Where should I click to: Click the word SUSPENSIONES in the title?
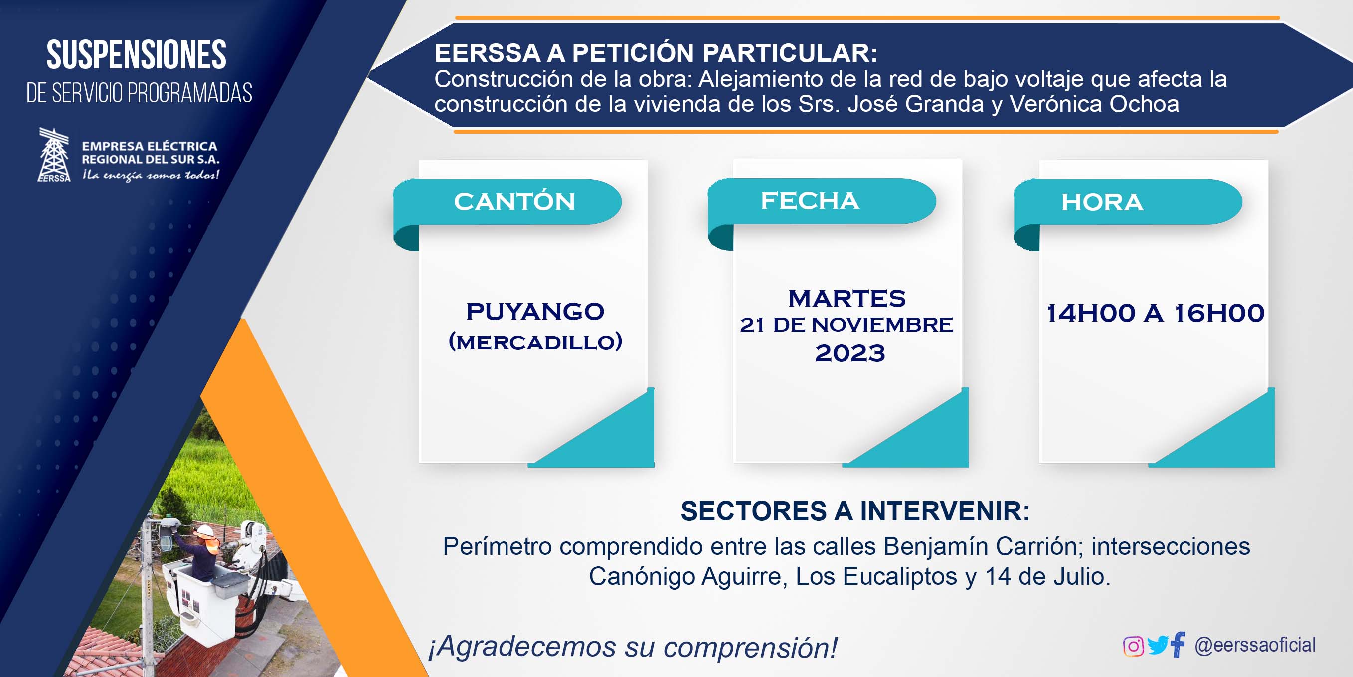(x=137, y=55)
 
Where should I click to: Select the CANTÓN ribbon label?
(x=514, y=202)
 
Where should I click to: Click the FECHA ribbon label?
(x=810, y=200)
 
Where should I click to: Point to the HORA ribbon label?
(x=1102, y=202)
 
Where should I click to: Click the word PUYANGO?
(x=535, y=312)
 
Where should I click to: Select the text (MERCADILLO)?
(x=535, y=342)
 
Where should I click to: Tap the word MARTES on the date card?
(x=846, y=298)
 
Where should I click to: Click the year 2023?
(x=850, y=353)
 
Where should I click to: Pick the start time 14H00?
(x=1091, y=313)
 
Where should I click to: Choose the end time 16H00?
(x=1219, y=313)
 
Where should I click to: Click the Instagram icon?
(x=1133, y=646)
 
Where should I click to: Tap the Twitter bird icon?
(x=1158, y=645)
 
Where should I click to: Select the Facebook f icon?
(x=1178, y=645)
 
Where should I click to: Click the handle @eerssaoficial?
(x=1255, y=645)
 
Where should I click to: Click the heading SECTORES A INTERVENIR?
(x=855, y=511)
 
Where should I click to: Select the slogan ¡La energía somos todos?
(x=151, y=175)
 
